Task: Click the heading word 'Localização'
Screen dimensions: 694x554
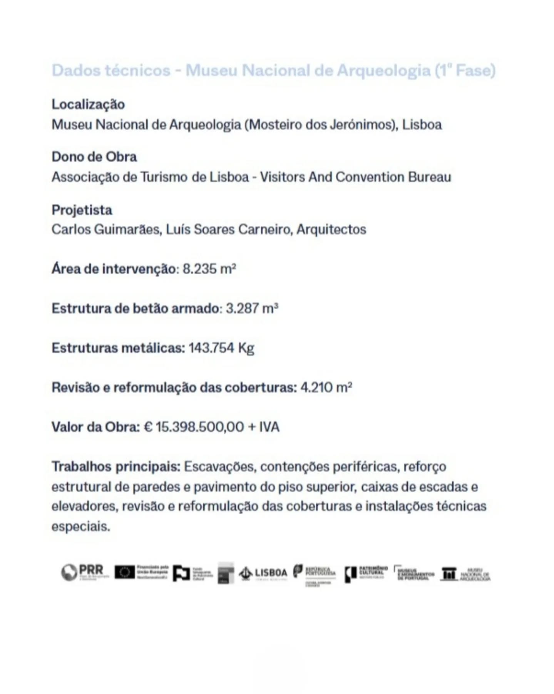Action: [x=88, y=104]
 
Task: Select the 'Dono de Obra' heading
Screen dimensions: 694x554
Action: [x=94, y=157]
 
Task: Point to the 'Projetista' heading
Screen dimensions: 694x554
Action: [x=82, y=210]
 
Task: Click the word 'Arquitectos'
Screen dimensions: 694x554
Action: [x=331, y=230]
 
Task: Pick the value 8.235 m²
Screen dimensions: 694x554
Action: [x=209, y=269]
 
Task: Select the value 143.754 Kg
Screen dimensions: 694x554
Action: [x=221, y=348]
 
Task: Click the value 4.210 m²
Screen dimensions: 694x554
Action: [x=326, y=387]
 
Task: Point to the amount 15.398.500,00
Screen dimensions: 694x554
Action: [x=200, y=427]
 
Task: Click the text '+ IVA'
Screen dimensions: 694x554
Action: [x=264, y=427]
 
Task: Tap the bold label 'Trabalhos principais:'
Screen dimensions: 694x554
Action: [x=116, y=467]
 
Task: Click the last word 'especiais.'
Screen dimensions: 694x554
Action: [x=81, y=526]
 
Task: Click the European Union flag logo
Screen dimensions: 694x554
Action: [x=124, y=573]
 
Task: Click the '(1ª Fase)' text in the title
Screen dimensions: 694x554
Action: [x=465, y=71]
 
